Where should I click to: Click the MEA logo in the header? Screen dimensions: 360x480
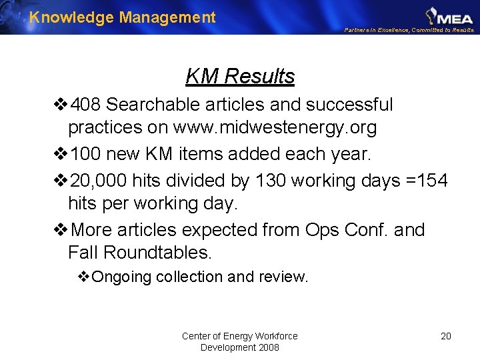coord(449,15)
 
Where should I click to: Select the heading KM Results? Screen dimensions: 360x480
coord(240,77)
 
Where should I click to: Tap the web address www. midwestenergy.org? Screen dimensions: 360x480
coord(275,127)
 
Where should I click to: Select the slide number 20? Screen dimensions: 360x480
coord(446,336)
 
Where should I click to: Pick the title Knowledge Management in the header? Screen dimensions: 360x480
coord(123,17)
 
